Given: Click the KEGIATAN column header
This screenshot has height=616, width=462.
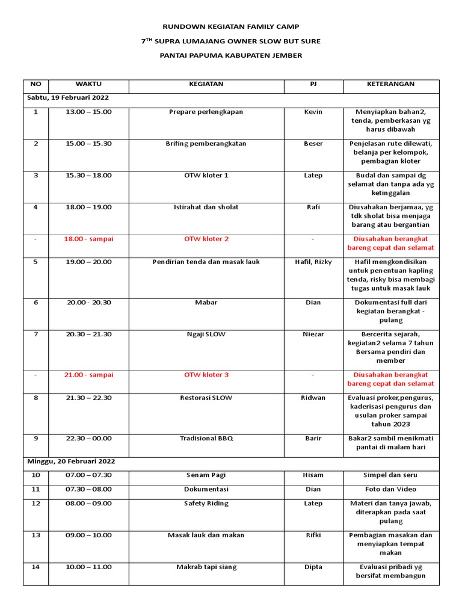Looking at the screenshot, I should [x=206, y=84].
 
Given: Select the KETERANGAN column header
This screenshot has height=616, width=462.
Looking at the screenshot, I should [x=390, y=84].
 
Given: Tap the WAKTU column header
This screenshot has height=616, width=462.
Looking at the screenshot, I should [x=88, y=84].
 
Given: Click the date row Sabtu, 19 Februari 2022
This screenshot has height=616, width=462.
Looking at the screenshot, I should [x=67, y=97].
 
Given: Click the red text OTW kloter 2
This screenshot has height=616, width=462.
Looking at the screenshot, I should [x=206, y=239].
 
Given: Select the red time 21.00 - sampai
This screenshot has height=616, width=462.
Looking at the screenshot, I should [x=88, y=375].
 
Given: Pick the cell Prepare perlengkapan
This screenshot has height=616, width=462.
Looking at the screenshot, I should [x=206, y=112].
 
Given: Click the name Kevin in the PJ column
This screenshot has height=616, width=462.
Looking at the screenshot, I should [x=313, y=112].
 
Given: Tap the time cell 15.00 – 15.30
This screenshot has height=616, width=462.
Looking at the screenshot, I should [x=88, y=144].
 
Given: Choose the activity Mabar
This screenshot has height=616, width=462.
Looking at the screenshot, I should [x=206, y=303].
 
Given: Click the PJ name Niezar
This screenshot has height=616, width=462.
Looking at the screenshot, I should [x=313, y=334].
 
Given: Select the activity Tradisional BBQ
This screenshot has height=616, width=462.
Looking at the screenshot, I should [x=206, y=439].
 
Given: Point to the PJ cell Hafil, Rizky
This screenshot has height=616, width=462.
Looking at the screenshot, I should [x=313, y=262].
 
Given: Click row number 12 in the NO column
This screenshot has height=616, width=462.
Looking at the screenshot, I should [x=35, y=504].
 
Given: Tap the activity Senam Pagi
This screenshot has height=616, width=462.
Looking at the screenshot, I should [x=206, y=475].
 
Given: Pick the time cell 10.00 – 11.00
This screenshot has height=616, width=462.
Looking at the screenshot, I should [x=88, y=567].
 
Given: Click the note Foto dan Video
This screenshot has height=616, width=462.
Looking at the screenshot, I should [x=390, y=490].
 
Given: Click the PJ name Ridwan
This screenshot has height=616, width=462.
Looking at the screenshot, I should [x=313, y=398].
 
